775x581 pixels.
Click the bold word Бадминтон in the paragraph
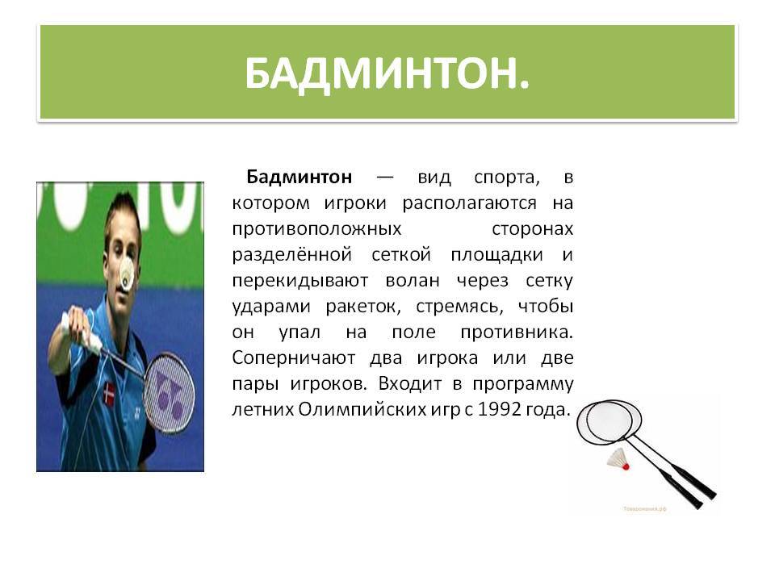(x=300, y=177)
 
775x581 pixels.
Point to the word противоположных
(x=316, y=229)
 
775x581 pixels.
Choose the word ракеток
(x=363, y=307)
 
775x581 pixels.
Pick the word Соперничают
(x=294, y=357)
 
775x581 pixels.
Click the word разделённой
(x=292, y=255)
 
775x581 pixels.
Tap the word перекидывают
(x=300, y=281)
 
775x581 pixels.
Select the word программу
(x=523, y=384)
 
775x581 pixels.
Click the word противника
(x=517, y=332)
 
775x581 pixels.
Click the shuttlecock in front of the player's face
(x=127, y=274)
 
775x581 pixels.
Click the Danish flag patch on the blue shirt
(x=109, y=393)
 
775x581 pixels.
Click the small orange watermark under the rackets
(x=644, y=508)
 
